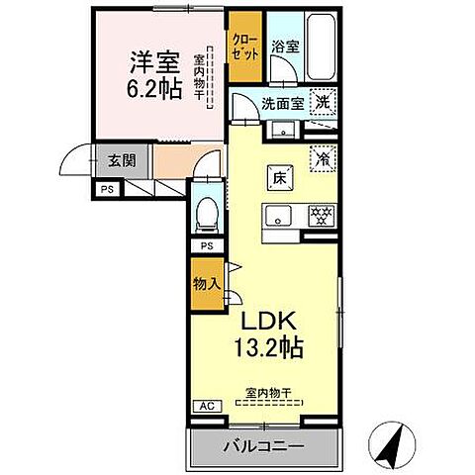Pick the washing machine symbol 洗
[x=322, y=102]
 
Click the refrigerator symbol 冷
[x=322, y=157]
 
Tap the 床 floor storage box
[x=280, y=179]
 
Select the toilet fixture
[x=207, y=211]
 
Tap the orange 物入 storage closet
[x=206, y=284]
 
